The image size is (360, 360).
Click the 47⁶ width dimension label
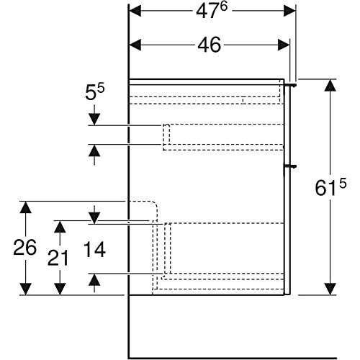pyautogui.click(x=212, y=11)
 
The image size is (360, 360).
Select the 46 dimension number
pyautogui.click(x=209, y=45)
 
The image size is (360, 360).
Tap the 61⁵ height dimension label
pyautogui.click(x=330, y=187)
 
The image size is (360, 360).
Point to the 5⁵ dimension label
pyautogui.click(x=95, y=92)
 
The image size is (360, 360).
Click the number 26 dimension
pyautogui.click(x=24, y=248)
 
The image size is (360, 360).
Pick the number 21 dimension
pyautogui.click(x=58, y=258)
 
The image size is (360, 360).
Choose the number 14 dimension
pyautogui.click(x=94, y=249)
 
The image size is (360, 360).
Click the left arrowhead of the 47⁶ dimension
pyautogui.click(x=135, y=11)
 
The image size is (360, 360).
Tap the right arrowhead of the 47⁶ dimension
pyautogui.click(x=289, y=11)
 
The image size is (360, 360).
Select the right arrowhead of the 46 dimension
pyautogui.click(x=284, y=45)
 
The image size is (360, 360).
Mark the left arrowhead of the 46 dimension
pyautogui.click(x=135, y=45)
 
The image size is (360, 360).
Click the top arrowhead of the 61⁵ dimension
pyautogui.click(x=330, y=85)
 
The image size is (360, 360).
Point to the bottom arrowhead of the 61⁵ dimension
pyautogui.click(x=330, y=289)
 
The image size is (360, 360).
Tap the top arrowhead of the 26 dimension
pyautogui.click(x=25, y=207)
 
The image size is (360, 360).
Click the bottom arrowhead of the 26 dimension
pyautogui.click(x=25, y=289)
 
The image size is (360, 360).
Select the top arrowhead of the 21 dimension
pyautogui.click(x=60, y=227)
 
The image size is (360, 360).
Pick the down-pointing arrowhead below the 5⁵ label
pyautogui.click(x=94, y=120)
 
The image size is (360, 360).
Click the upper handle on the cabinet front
pyautogui.click(x=291, y=85)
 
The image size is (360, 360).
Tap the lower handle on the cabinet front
pyautogui.click(x=290, y=166)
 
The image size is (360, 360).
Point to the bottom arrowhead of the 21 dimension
pyautogui.click(x=60, y=289)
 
